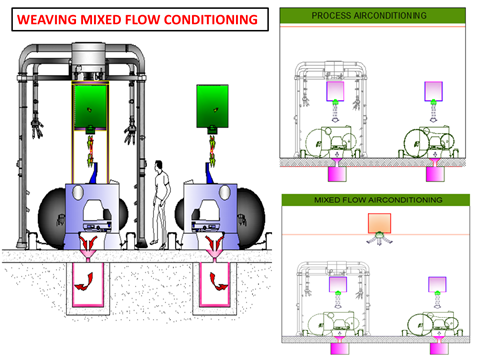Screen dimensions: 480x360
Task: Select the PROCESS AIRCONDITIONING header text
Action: (369, 15)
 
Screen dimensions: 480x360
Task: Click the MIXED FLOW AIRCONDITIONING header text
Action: (378, 200)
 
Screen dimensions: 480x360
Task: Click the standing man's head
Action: (159, 165)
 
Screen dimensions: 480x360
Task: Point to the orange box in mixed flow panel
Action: (379, 223)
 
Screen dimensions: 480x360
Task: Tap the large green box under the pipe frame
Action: (90, 107)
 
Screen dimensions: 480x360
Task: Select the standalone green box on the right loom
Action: (212, 106)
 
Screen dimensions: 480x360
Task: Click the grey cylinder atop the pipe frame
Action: (89, 57)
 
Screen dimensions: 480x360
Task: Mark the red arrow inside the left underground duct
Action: (84, 282)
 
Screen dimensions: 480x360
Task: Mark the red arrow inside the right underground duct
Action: (218, 282)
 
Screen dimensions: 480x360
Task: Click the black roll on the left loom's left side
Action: (52, 218)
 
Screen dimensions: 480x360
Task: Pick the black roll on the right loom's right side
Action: (251, 218)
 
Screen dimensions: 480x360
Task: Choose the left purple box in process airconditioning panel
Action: (335, 91)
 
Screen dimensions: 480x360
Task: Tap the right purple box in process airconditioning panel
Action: (433, 91)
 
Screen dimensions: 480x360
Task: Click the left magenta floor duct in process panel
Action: (337, 174)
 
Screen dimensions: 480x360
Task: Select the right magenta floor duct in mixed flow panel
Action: (439, 349)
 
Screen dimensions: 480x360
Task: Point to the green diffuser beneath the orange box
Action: (379, 235)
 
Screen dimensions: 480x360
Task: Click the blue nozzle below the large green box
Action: (94, 173)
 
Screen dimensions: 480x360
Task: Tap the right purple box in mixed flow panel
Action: (437, 284)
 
